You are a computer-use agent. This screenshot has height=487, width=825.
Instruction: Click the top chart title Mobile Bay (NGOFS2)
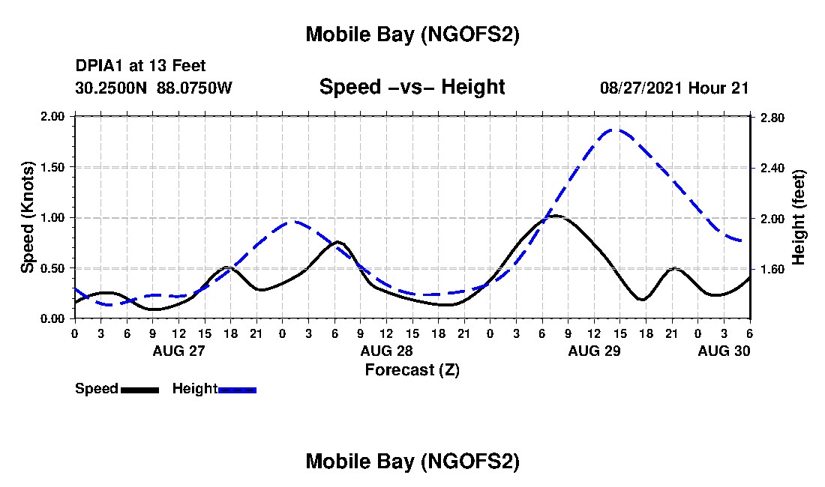click(x=412, y=35)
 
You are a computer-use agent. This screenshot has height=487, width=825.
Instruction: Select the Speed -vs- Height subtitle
click(x=412, y=87)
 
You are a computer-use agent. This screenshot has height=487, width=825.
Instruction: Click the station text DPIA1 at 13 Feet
click(x=140, y=67)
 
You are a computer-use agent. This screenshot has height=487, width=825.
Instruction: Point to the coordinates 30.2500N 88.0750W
click(x=154, y=88)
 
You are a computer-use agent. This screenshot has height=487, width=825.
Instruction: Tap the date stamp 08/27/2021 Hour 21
click(x=674, y=88)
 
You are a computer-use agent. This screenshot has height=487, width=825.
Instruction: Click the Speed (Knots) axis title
click(x=28, y=217)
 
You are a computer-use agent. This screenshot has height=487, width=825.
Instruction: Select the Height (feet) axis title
click(x=798, y=217)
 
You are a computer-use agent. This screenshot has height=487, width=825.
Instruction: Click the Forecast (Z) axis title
click(x=412, y=369)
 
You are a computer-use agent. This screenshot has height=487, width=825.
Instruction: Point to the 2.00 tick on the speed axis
click(x=55, y=117)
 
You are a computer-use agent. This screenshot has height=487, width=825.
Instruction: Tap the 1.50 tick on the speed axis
click(x=55, y=167)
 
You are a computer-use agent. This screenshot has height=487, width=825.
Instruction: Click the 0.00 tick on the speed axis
click(x=55, y=318)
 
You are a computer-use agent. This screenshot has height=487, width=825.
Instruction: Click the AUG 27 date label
click(x=178, y=351)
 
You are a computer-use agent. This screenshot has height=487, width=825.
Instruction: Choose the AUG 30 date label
click(x=724, y=351)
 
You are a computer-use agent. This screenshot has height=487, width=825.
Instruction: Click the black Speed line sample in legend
click(x=139, y=390)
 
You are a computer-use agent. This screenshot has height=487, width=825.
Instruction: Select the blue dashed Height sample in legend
click(x=238, y=390)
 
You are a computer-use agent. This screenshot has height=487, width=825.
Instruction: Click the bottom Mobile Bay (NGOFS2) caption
click(x=412, y=462)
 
